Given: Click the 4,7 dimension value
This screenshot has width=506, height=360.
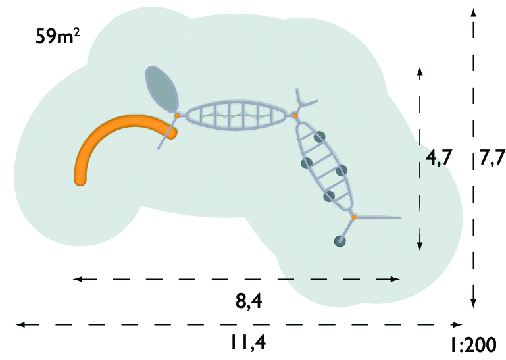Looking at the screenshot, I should (x=439, y=159).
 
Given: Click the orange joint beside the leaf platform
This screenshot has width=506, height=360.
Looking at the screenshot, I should (x=177, y=116).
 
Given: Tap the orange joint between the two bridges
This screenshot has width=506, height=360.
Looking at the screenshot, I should (x=295, y=116).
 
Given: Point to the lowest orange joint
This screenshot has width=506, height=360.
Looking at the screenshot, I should (x=353, y=217).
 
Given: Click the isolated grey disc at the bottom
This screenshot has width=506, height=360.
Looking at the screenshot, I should (x=340, y=242).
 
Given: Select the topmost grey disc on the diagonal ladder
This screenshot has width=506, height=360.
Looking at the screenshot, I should (x=319, y=137).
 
